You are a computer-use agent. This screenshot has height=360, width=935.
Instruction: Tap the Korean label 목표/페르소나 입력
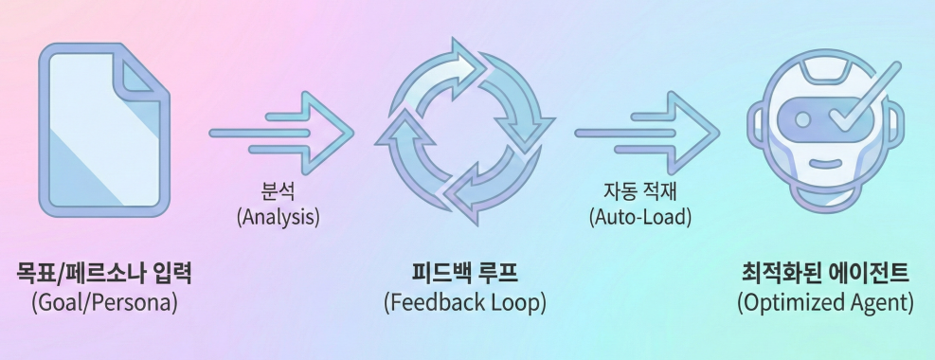(x=104, y=274)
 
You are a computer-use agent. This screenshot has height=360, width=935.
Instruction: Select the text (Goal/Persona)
(x=104, y=303)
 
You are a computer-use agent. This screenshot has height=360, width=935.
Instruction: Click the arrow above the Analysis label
(x=281, y=133)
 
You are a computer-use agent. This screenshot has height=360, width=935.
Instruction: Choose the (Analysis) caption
(x=278, y=216)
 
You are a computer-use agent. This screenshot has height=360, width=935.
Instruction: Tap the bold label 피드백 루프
(x=464, y=274)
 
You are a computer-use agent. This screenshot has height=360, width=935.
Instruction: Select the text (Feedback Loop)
(x=464, y=303)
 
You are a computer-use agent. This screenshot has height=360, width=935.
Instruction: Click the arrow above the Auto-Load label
(x=647, y=133)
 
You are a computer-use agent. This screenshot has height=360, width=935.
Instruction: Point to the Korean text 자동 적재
(x=639, y=192)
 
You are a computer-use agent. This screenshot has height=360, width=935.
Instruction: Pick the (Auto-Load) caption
(x=639, y=216)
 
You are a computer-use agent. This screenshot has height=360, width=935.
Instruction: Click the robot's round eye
(x=803, y=119)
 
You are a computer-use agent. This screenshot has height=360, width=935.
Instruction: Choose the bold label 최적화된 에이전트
(x=825, y=274)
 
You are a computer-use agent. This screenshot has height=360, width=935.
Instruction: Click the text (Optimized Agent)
(x=825, y=303)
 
